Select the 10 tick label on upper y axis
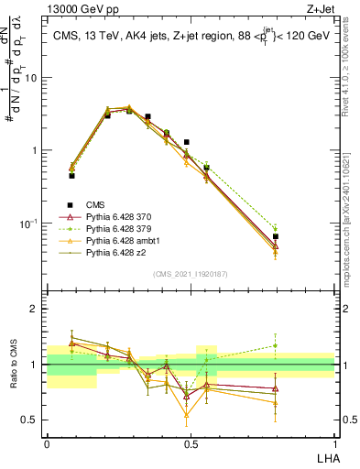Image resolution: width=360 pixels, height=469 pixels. point(32,78)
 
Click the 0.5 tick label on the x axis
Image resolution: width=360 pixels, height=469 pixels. point(190,442)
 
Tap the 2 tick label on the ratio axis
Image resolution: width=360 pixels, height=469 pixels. point(37,309)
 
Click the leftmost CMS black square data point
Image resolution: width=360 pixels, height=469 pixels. point(71,175)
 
